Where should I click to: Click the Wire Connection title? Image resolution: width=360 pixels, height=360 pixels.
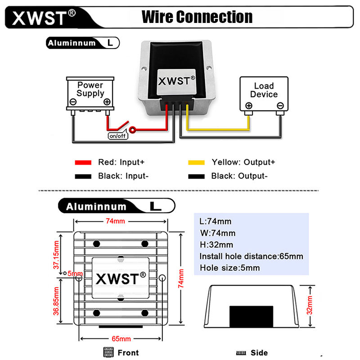[197, 17]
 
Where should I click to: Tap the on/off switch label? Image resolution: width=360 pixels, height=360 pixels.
[118, 136]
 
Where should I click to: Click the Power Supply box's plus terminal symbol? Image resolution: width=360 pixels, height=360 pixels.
[107, 102]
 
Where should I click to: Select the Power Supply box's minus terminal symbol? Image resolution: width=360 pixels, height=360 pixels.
[73, 102]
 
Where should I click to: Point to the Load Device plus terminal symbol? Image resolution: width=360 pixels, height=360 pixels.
[249, 106]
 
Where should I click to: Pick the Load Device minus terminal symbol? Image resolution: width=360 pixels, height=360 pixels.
[280, 106]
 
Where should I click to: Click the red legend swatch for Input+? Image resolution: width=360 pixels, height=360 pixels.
[83, 162]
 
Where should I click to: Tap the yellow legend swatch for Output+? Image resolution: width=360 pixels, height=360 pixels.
[196, 162]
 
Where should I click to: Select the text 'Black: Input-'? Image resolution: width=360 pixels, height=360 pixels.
[123, 176]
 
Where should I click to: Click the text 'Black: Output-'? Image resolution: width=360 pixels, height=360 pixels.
[239, 176]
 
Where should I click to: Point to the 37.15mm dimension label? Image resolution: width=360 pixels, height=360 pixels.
[56, 255]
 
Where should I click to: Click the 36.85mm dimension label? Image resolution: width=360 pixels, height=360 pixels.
[56, 301]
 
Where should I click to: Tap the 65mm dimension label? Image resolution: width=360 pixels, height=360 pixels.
[121, 339]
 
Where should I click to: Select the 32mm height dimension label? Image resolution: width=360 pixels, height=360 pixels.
[310, 305]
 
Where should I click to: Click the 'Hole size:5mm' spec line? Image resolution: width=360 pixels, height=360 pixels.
[230, 268]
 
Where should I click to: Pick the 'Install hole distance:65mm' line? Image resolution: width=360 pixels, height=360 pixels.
[252, 256]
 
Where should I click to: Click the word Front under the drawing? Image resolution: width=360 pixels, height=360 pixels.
[128, 353]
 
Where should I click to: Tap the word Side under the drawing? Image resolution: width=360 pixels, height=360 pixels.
[259, 353]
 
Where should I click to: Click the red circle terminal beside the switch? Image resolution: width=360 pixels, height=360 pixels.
[132, 130]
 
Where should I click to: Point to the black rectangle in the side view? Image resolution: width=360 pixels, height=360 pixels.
[252, 317]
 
